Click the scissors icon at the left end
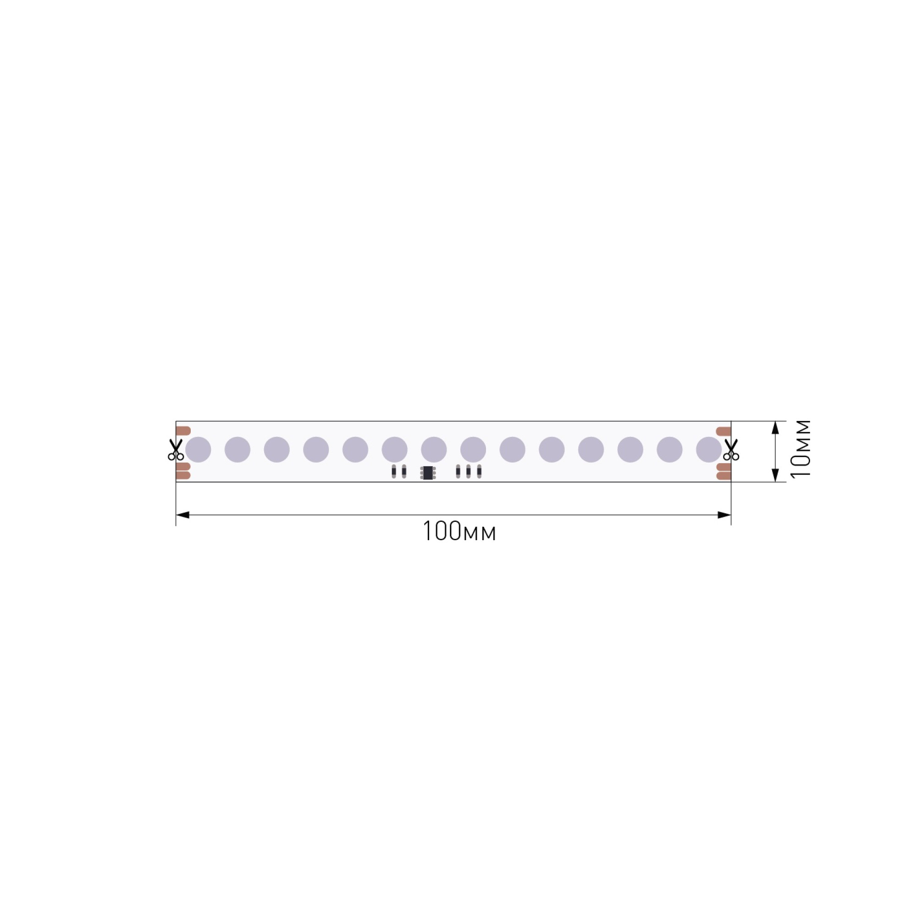coord(176,449)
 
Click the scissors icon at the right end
coord(731,449)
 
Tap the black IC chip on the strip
coord(428,473)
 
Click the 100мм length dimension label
coord(459,531)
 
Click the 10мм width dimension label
coord(801,449)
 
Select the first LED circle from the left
coord(198,449)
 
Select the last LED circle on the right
coord(709,449)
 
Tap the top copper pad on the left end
coord(183,431)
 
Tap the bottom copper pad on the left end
coord(183,475)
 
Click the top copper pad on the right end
coord(724,431)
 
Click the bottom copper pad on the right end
coord(724,475)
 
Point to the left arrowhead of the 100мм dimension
coord(183,515)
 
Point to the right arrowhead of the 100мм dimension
coord(724,515)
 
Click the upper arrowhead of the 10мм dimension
coord(775,428)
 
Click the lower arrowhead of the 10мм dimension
coord(775,475)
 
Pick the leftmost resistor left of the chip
coord(393,471)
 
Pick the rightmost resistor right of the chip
coord(479,471)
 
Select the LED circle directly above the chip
coord(434,449)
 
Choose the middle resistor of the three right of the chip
coord(469,471)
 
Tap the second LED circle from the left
coord(238,449)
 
